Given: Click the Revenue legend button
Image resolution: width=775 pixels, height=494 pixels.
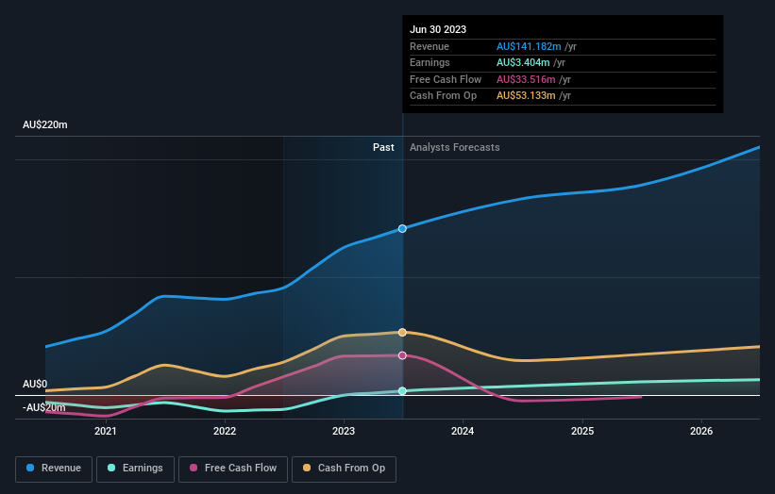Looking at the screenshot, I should pos(54,468).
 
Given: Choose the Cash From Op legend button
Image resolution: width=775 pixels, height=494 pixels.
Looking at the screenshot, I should pos(345,468).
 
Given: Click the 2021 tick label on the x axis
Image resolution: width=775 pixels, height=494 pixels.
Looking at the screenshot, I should pos(106,432).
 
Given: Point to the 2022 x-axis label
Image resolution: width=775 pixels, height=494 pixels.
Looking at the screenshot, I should pos(225,432).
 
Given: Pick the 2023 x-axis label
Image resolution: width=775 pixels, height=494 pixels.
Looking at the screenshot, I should pos(344,432).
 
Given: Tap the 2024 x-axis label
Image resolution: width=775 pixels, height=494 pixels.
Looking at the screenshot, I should pos(463,432).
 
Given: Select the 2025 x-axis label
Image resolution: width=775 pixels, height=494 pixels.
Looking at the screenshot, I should pos(582,432).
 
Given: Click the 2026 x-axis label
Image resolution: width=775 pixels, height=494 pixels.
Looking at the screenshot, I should pos(701,432).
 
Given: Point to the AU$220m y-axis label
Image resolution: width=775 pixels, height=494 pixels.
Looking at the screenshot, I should pos(45,125).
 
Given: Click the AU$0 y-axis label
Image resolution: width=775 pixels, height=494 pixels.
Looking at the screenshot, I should pos(35,385).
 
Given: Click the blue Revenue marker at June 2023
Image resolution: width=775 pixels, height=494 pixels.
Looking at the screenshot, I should pos(403,229).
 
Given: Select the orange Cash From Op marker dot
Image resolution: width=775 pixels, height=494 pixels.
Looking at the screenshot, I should pos(403,333).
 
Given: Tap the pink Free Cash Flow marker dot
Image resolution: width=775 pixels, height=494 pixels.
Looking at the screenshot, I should pos(403,355).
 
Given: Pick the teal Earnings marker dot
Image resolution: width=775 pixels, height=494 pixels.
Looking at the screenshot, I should pos(403,390).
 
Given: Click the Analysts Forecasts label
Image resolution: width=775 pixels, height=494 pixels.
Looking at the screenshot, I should pos(454,148).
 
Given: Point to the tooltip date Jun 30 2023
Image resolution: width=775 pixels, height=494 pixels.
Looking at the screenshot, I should pos(438,30).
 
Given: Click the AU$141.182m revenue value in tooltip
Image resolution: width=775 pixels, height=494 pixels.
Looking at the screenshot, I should pos(529,47).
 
